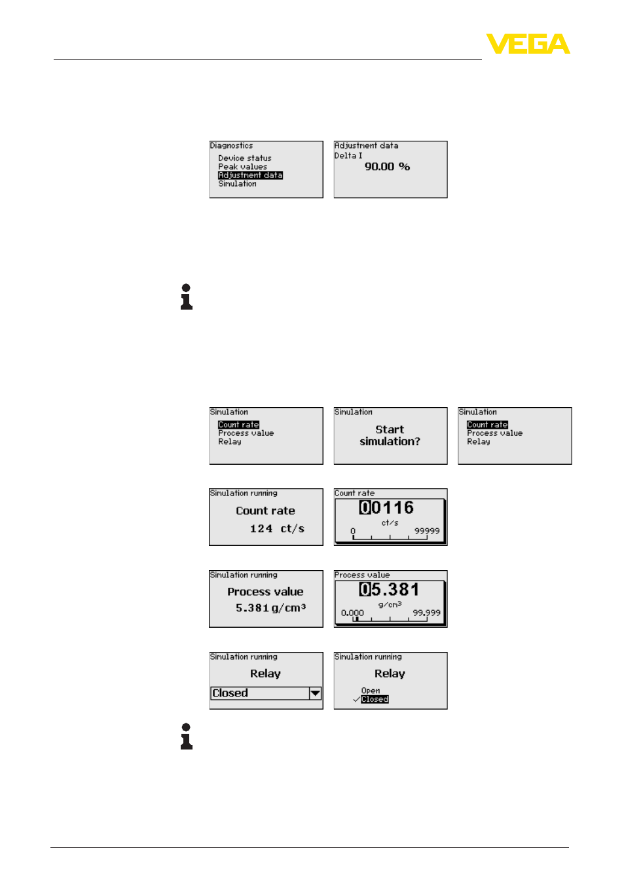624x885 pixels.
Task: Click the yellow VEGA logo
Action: coord(528,43)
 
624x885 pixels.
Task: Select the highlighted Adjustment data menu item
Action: coord(250,175)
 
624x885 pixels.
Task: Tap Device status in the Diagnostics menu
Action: coord(245,158)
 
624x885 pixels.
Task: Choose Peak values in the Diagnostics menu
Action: coord(242,167)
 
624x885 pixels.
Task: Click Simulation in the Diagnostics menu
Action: coord(237,184)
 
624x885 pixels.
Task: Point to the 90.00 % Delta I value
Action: coord(387,167)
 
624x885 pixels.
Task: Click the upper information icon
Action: coord(186,297)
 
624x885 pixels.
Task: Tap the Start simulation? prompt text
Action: coord(390,435)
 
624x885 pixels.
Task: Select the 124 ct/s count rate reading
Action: coord(276,529)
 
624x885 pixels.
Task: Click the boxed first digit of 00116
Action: coord(364,507)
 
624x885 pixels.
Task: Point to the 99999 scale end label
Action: coord(426,531)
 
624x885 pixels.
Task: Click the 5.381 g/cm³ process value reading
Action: coord(270,607)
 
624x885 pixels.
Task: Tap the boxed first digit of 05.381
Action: coord(364,589)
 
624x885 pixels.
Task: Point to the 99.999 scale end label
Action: coord(426,613)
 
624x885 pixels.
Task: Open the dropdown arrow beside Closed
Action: coord(315,693)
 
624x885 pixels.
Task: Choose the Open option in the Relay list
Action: coord(371,691)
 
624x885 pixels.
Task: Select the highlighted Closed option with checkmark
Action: coord(375,699)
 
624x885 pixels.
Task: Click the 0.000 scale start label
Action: coord(352,613)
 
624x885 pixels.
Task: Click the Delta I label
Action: coord(348,156)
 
